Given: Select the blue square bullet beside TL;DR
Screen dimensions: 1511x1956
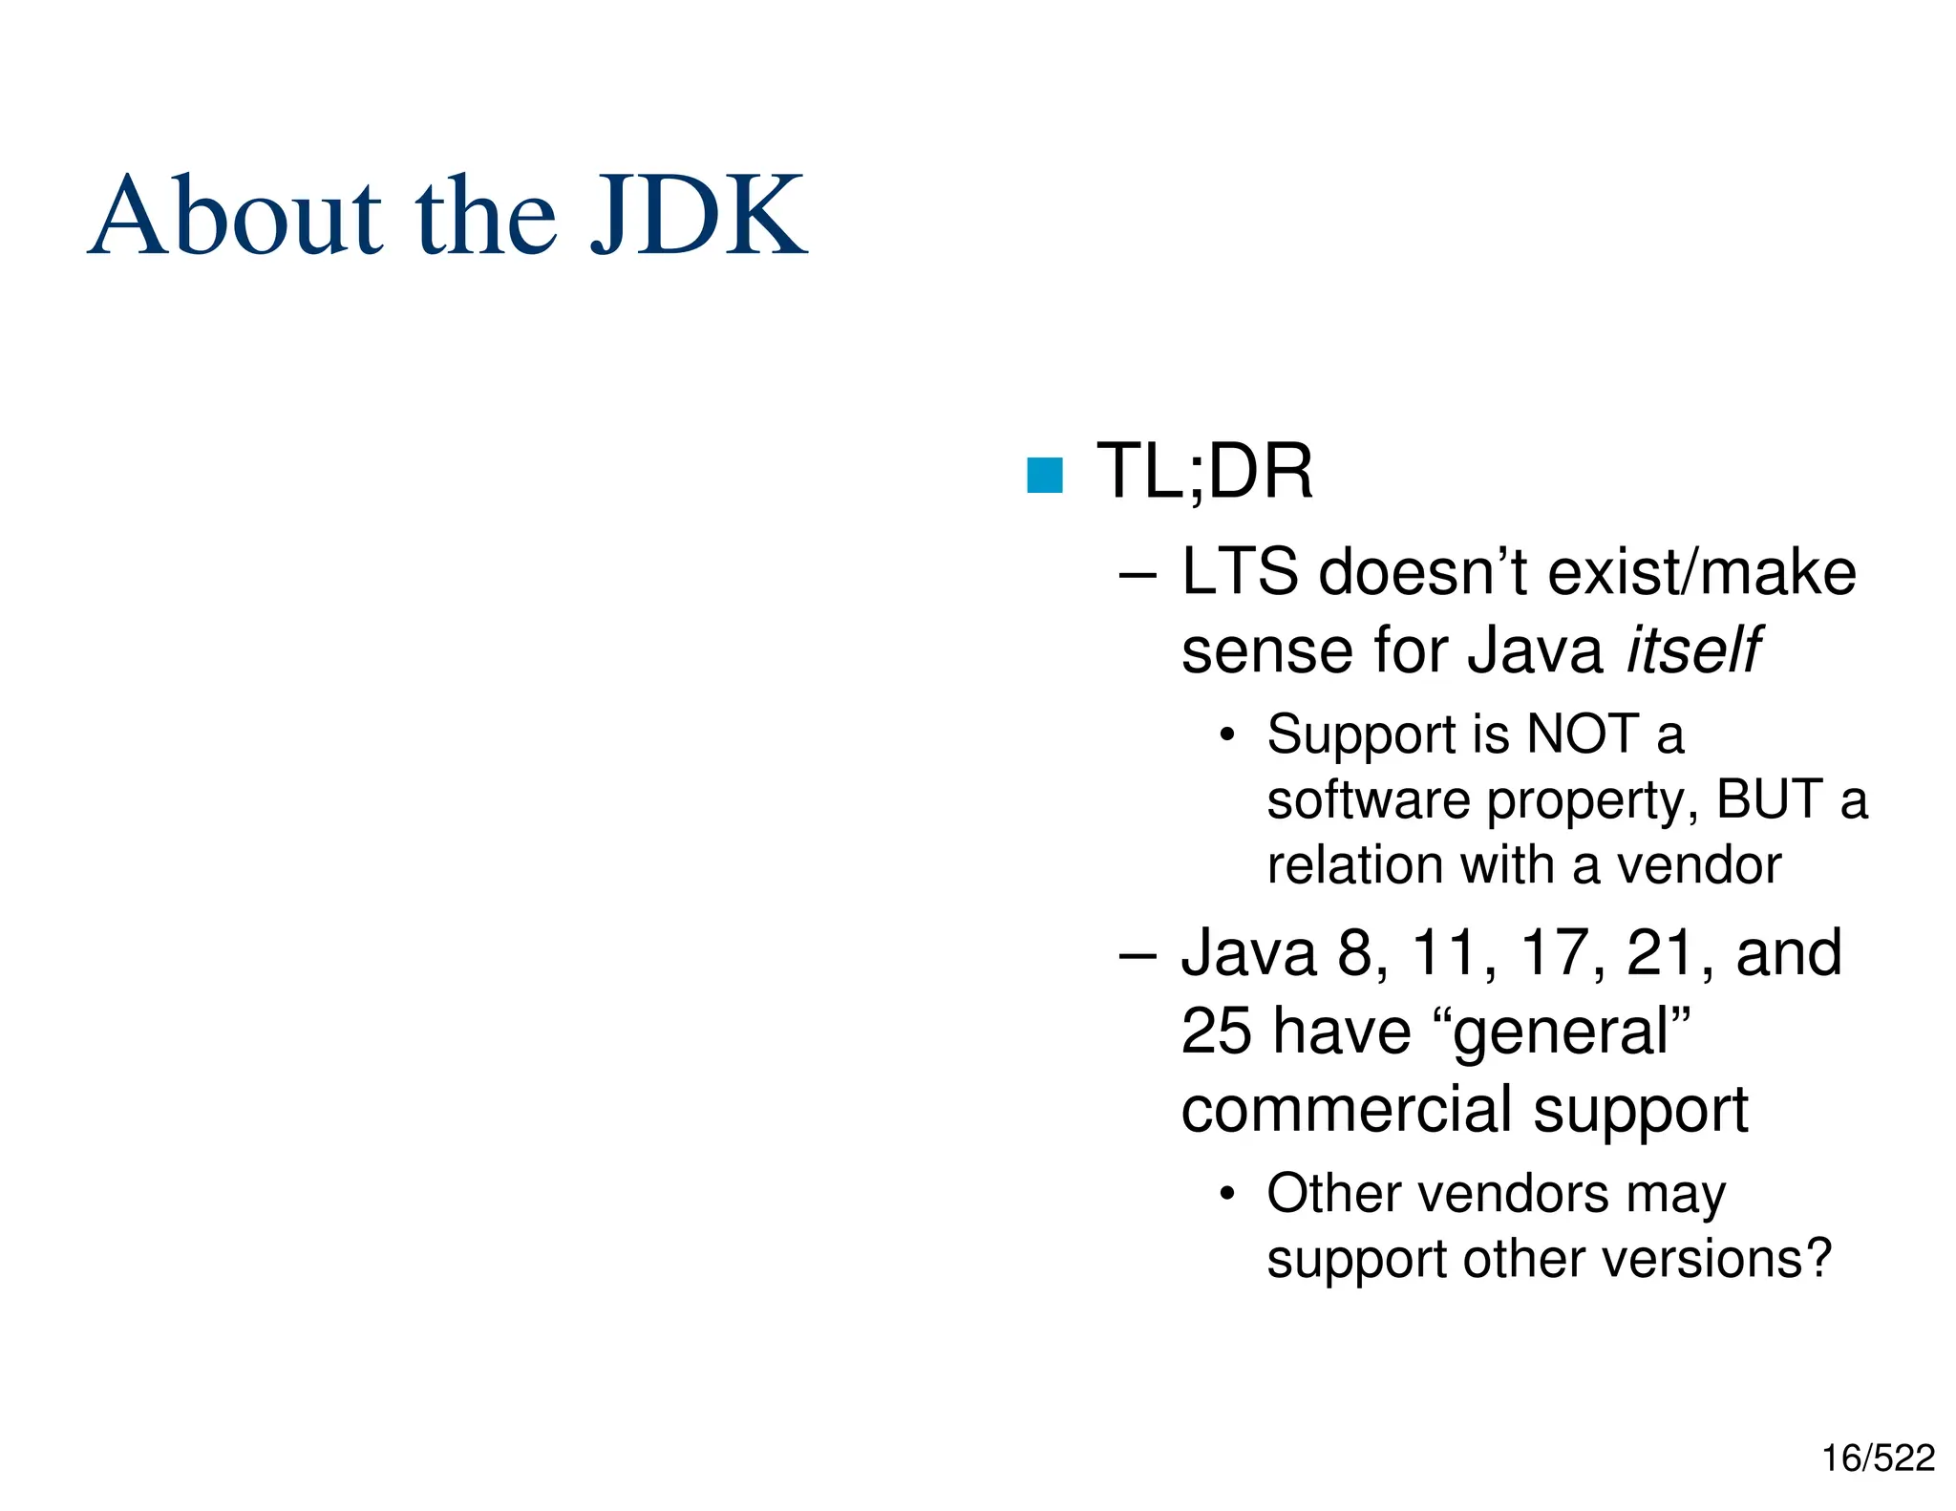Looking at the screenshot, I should tap(1044, 475).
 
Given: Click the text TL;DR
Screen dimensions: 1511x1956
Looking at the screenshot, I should tap(1204, 471).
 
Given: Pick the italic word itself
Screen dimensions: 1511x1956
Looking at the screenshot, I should tap(1692, 650).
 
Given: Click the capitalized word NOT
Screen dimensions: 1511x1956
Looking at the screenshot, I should tap(1582, 734).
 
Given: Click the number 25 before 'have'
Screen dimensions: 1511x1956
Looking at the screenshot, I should tap(1216, 1031).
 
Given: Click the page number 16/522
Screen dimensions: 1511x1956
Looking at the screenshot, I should tap(1878, 1458).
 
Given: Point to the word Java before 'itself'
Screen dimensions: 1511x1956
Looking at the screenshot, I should tap(1534, 650).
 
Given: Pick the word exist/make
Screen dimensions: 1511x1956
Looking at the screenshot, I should tap(1701, 572).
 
